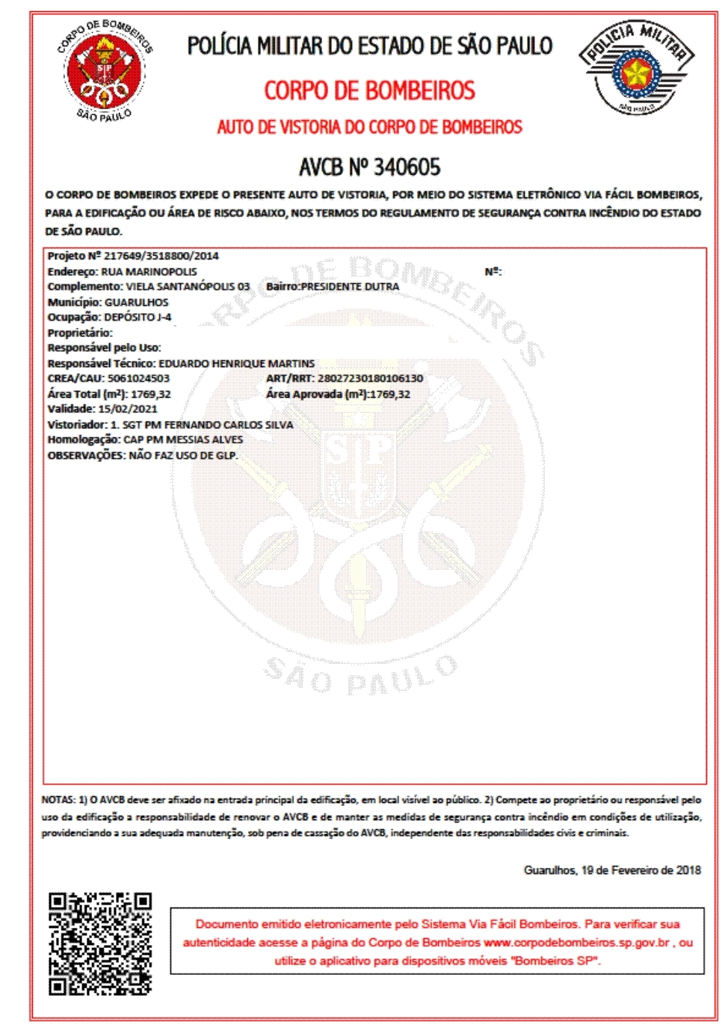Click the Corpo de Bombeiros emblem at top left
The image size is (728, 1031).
click(x=105, y=71)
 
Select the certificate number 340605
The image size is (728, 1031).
click(x=407, y=167)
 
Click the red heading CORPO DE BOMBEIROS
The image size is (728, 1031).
click(x=369, y=91)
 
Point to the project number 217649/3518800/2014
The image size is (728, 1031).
click(x=161, y=256)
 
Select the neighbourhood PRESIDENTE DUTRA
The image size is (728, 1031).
click(x=350, y=286)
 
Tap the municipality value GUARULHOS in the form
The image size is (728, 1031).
click(x=137, y=302)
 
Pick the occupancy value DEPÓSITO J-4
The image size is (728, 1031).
click(x=138, y=317)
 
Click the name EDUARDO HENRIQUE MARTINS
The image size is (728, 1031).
click(x=236, y=363)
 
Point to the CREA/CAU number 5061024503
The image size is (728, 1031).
click(x=138, y=378)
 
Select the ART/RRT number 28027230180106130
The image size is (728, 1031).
click(x=370, y=378)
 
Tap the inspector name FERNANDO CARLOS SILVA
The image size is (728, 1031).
click(x=229, y=425)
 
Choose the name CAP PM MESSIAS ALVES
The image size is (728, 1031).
click(x=183, y=440)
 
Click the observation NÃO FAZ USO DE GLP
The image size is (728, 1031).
click(x=183, y=455)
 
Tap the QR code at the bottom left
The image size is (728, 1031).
click(x=100, y=944)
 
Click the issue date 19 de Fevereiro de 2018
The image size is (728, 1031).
click(x=641, y=870)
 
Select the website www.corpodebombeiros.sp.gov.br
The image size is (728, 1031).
click(x=576, y=943)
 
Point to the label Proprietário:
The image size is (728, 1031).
click(x=80, y=333)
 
